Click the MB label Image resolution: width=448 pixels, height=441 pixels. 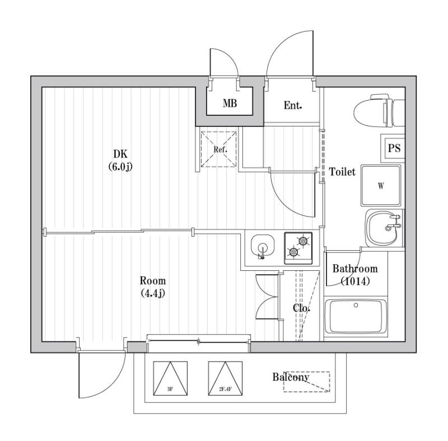230,104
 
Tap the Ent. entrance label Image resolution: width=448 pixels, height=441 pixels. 293,105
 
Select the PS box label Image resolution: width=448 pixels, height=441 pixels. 394,148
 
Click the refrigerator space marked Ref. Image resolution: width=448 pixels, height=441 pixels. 218,149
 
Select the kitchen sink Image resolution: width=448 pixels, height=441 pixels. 262,247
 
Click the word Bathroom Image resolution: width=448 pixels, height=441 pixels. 355,269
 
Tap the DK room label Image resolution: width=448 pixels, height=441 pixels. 120,154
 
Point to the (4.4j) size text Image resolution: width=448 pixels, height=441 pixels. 152,293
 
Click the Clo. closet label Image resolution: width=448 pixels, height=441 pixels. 302,308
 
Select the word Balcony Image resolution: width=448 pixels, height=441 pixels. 291,377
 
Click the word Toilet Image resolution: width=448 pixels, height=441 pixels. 342,172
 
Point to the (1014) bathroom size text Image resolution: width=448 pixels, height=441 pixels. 355,282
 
